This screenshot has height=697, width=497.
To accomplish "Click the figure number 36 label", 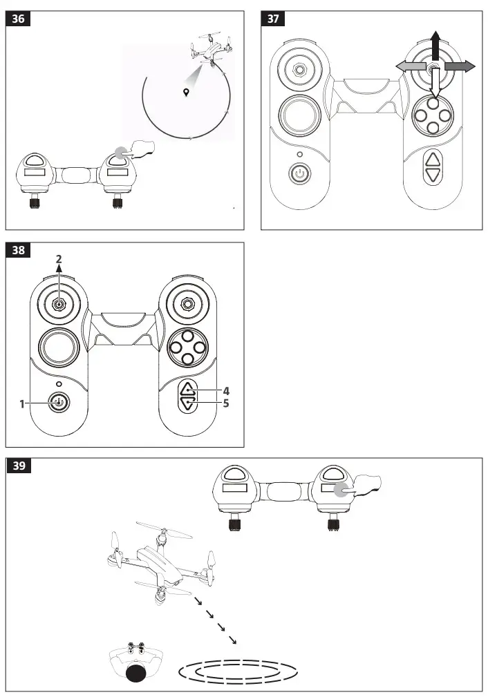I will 19,19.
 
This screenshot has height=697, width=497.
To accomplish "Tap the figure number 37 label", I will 273,19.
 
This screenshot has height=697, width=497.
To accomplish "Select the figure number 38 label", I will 19,250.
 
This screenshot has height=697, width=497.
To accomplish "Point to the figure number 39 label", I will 19,466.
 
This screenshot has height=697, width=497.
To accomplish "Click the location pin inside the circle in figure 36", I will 186,93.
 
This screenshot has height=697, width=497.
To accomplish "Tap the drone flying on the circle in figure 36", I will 206,48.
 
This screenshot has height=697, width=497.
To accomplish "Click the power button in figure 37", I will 299,173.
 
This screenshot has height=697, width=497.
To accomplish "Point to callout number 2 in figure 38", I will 59,258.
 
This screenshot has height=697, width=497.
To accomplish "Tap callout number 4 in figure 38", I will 226,390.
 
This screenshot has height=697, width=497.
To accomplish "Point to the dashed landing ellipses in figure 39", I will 238,670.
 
